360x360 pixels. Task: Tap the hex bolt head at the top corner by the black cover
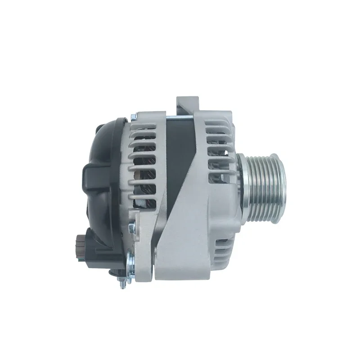(x=134, y=118)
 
